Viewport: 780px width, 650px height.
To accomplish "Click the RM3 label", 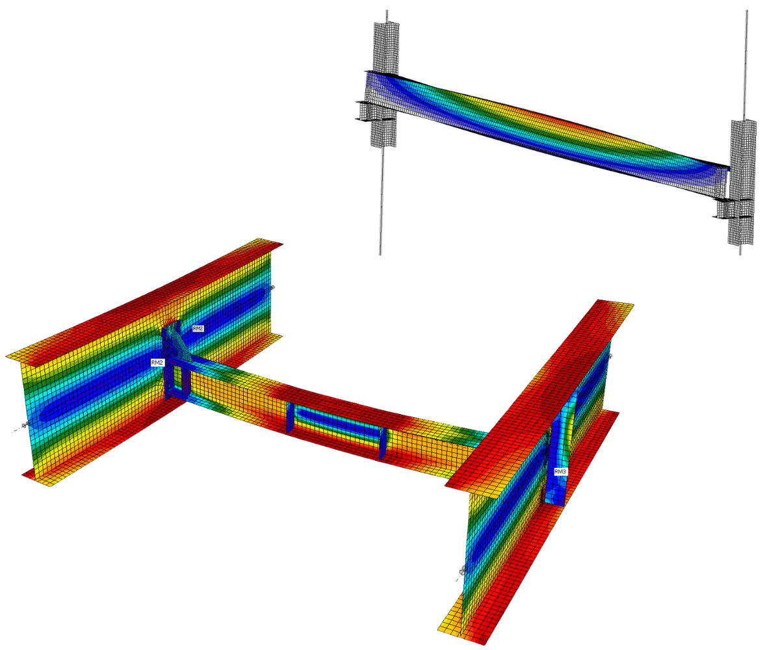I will coord(560,471).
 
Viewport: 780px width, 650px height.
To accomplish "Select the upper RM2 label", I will coord(198,329).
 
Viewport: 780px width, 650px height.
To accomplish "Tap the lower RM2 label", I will coord(157,362).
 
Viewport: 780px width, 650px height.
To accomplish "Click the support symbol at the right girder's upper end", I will coord(610,356).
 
